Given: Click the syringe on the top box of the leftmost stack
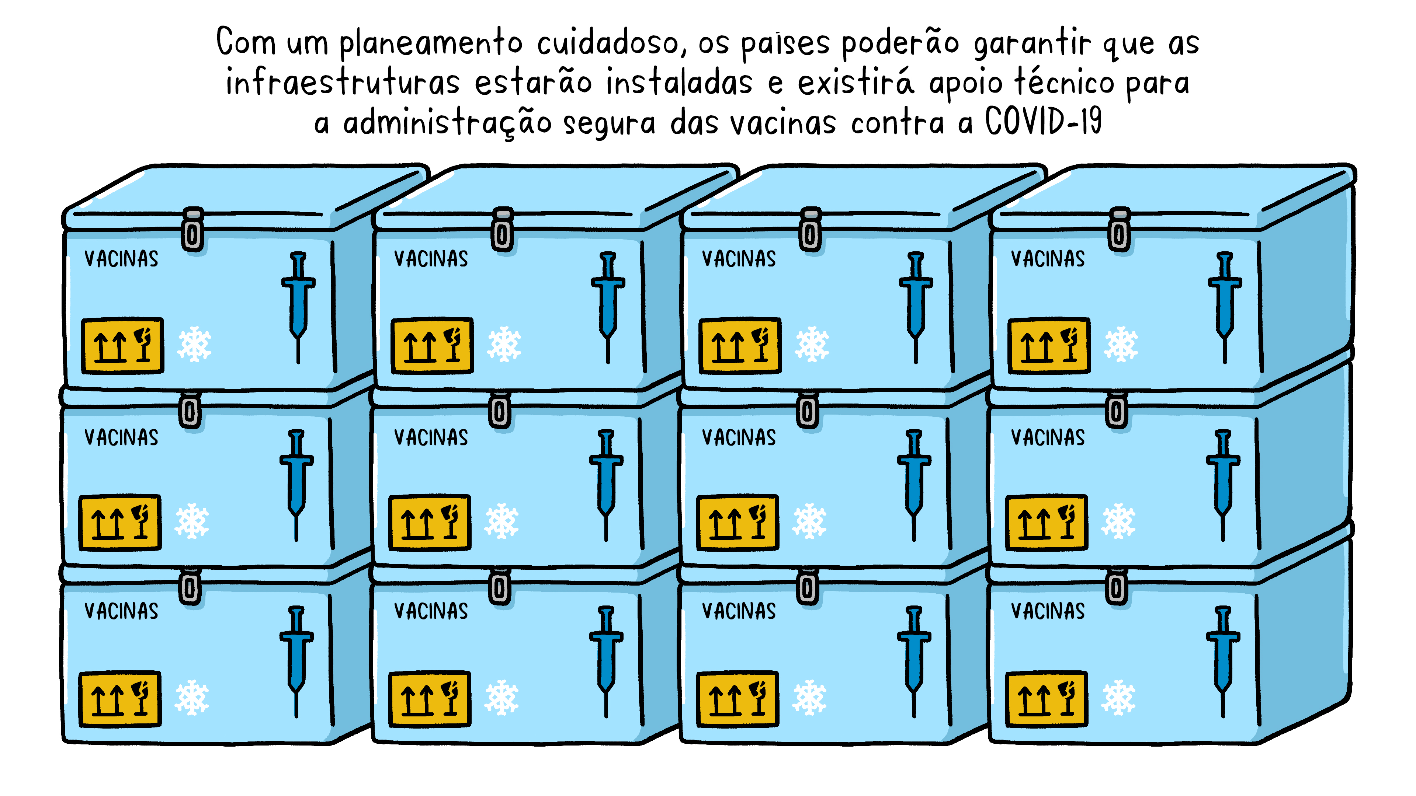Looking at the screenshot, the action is coord(298,308).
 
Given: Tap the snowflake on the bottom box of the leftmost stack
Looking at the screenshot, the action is coord(192,698).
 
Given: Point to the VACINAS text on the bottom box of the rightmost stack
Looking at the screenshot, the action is coord(1048,611).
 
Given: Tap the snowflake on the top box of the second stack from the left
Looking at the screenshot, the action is coord(504,345).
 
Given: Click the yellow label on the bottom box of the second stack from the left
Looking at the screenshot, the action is coord(429,699).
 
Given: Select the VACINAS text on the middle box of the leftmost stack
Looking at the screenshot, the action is coord(121,437).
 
